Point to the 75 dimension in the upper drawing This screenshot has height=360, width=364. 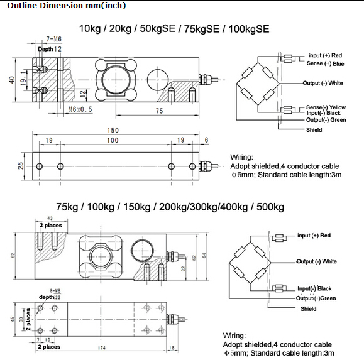(158, 110)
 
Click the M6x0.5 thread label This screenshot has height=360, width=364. (79, 109)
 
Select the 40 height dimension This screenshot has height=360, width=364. (11, 80)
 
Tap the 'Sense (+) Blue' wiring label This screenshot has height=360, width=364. (325, 63)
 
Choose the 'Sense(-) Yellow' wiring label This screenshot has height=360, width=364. (326, 107)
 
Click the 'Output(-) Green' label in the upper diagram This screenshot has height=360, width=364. (326, 119)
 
